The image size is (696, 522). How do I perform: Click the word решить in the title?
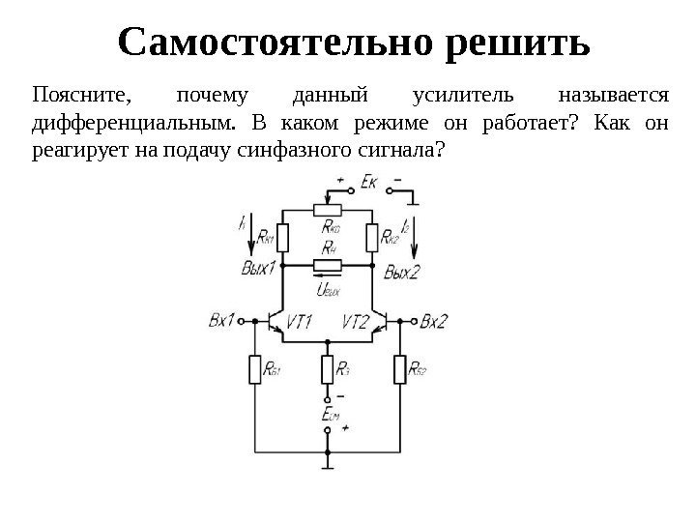513,43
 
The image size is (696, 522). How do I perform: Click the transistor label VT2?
357,322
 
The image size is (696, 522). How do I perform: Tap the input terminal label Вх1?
222,319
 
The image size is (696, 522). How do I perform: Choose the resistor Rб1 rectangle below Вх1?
255,370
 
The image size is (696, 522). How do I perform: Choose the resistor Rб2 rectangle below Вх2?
400,370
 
